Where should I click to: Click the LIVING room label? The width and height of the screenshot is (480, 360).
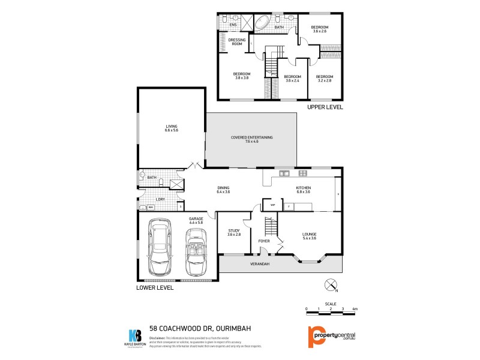172,128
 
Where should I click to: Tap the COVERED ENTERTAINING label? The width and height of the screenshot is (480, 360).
252,140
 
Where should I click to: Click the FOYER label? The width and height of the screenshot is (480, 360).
264,241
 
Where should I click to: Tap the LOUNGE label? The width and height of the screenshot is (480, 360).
310,236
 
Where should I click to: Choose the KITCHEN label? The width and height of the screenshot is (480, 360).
304,190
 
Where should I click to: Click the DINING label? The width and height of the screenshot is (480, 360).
224,190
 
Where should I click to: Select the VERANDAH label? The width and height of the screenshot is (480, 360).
259,264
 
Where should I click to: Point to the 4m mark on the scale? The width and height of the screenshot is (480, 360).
355,308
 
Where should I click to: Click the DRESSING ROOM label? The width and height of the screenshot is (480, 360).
237,42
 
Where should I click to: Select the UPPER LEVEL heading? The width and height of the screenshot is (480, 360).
325,107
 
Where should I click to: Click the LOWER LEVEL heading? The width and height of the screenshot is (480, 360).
155,288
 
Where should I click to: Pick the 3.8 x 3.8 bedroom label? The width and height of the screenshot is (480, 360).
242,76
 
